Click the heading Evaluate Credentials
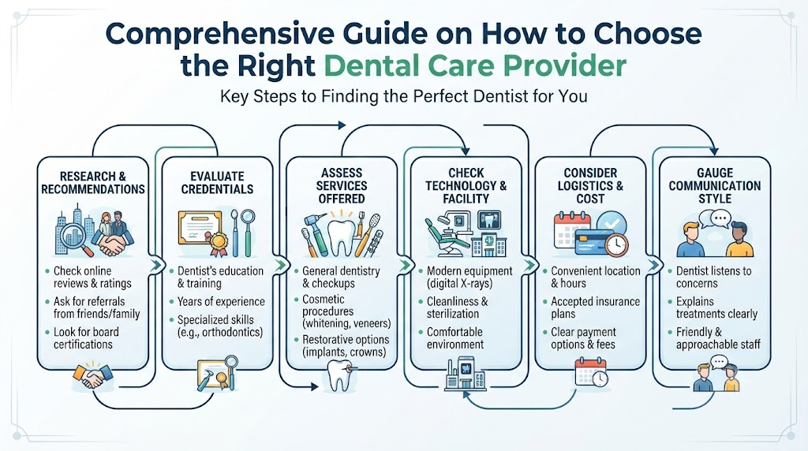217,183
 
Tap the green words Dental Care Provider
475,65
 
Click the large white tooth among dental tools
341,237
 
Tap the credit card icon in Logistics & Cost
593,241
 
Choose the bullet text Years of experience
221,302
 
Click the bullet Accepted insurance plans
595,307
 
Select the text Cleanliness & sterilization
457,307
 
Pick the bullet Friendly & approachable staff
718,338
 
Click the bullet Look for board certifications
86,338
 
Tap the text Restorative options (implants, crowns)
346,346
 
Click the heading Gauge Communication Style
715,186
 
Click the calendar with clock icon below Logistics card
592,371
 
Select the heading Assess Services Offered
341,186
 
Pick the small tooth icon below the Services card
339,375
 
